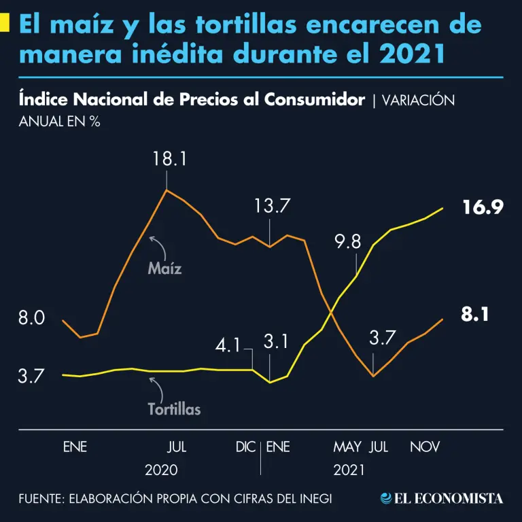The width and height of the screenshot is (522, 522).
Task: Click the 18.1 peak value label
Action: [167, 160]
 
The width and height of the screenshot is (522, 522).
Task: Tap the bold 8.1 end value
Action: [476, 315]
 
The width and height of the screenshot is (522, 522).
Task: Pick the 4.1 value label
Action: [228, 345]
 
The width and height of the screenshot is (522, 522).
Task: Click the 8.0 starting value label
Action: [31, 317]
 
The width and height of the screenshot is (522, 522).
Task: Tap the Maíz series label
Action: [164, 268]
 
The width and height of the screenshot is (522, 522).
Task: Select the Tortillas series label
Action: [174, 410]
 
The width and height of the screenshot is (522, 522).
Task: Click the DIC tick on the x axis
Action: [245, 447]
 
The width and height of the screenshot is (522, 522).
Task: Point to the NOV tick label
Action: [425, 447]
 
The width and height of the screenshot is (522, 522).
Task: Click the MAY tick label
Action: [347, 447]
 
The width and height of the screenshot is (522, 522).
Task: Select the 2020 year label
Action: [161, 470]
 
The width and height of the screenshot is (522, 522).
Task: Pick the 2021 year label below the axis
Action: [349, 470]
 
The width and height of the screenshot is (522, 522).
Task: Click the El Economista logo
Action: [442, 499]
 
